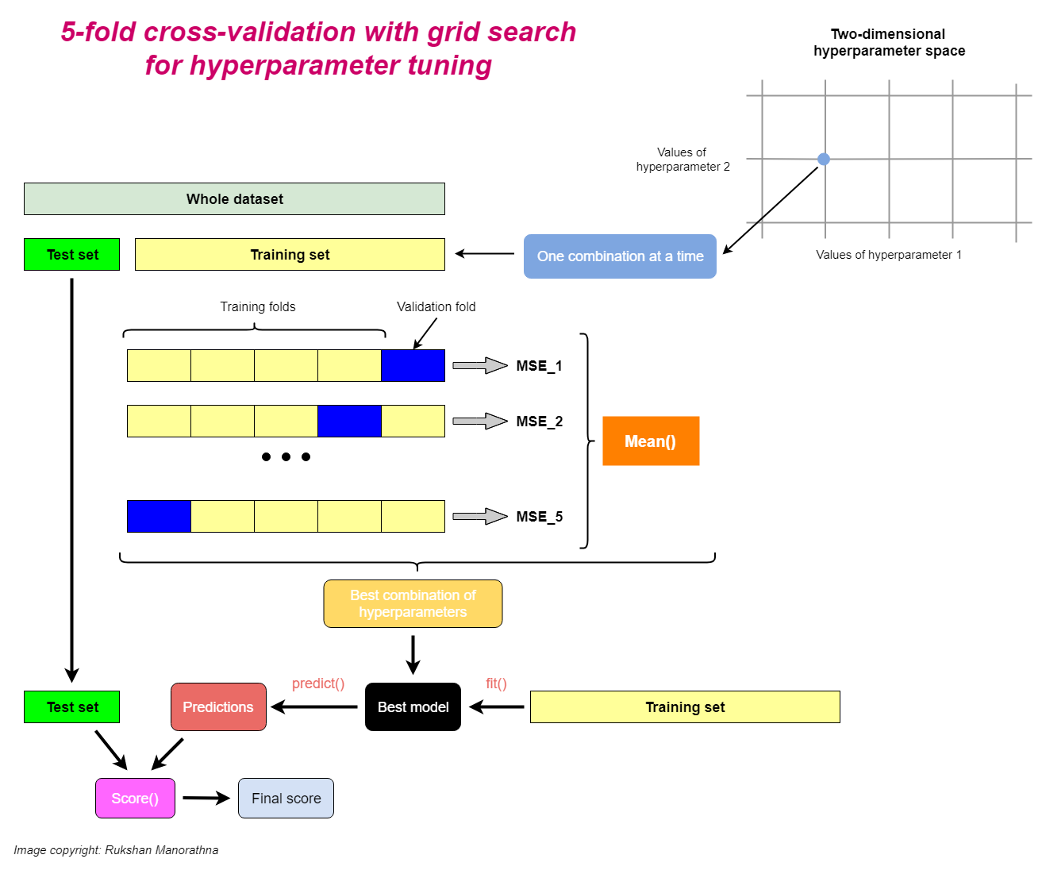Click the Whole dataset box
click(x=234, y=199)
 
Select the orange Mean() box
click(x=651, y=441)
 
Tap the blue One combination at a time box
click(x=620, y=256)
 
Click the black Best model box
click(x=413, y=707)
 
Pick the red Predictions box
click(x=218, y=707)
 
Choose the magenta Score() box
click(x=135, y=799)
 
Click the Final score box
click(x=286, y=799)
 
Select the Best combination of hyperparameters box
click(x=413, y=604)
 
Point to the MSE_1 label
click(x=539, y=366)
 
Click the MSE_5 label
click(x=539, y=517)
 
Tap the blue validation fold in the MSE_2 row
click(x=349, y=422)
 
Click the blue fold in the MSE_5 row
click(x=159, y=517)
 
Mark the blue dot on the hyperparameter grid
click(x=824, y=159)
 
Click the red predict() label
click(x=318, y=683)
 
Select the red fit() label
click(x=496, y=683)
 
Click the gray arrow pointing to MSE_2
click(x=479, y=422)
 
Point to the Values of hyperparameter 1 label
click(x=888, y=255)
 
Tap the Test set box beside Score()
click(x=72, y=707)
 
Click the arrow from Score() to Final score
click(x=206, y=799)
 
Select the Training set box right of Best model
click(x=685, y=707)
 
